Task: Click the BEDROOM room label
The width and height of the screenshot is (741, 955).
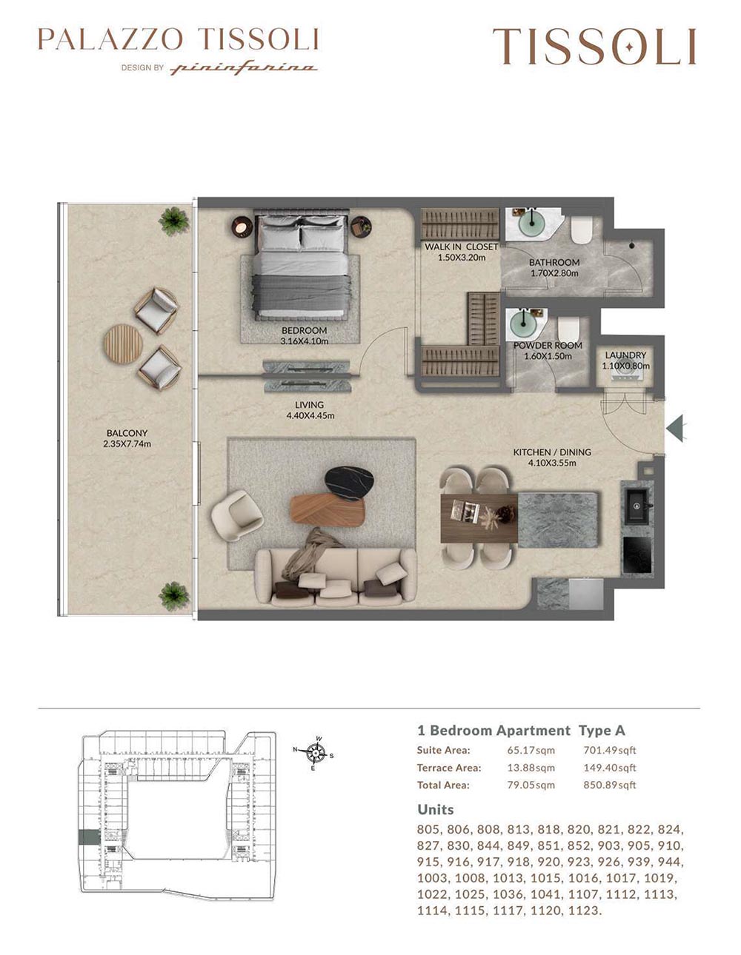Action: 304,330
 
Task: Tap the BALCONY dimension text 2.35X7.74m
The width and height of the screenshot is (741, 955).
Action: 127,444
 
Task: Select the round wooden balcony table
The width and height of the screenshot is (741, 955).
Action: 123,344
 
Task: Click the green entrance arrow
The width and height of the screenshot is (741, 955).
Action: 676,428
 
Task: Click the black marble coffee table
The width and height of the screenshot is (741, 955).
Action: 349,483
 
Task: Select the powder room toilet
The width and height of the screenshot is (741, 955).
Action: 568,328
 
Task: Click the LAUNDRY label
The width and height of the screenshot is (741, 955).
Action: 625,355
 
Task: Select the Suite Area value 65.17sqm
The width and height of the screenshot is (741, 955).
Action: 531,750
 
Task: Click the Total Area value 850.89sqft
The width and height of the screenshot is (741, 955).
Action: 610,785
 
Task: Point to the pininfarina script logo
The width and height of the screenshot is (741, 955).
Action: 244,68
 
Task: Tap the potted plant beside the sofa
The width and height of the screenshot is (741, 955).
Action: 174,596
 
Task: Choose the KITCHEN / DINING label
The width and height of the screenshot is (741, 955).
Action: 552,452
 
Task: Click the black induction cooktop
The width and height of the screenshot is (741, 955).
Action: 637,554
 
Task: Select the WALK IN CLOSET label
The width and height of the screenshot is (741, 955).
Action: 461,247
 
